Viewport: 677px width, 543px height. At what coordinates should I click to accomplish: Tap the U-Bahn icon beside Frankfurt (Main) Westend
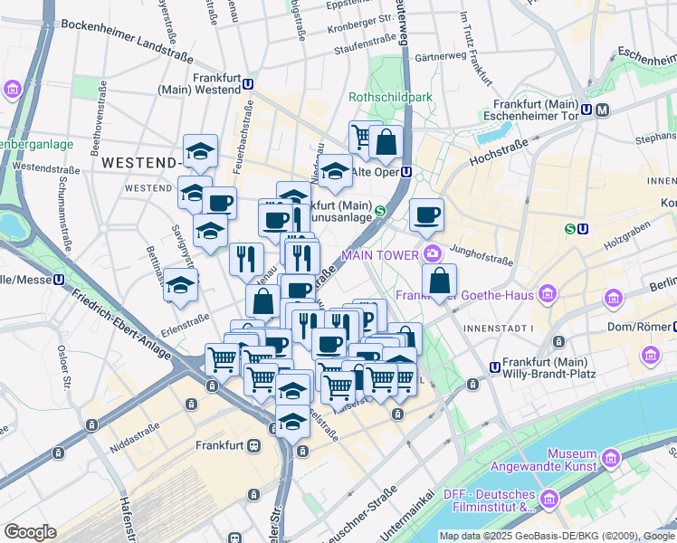pyautogui.click(x=247, y=83)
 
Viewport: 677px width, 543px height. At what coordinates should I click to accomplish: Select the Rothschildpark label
pyautogui.click(x=391, y=97)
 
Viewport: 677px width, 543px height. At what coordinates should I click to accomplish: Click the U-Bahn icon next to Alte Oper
pyautogui.click(x=406, y=171)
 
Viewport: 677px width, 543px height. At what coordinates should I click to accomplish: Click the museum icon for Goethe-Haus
pyautogui.click(x=546, y=293)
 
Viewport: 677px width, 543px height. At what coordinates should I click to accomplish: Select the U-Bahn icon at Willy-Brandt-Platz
pyautogui.click(x=494, y=367)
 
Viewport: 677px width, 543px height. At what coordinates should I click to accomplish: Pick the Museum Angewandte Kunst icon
pyautogui.click(x=612, y=459)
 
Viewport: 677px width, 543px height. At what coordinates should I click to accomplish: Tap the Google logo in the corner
pyautogui.click(x=30, y=532)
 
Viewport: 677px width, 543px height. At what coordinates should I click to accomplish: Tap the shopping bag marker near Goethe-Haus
pyautogui.click(x=439, y=281)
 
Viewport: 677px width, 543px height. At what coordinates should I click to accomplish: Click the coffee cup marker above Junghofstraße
pyautogui.click(x=426, y=215)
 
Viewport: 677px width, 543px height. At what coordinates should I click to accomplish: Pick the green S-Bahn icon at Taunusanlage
pyautogui.click(x=380, y=212)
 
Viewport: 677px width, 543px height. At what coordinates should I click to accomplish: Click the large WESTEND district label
pyautogui.click(x=138, y=163)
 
